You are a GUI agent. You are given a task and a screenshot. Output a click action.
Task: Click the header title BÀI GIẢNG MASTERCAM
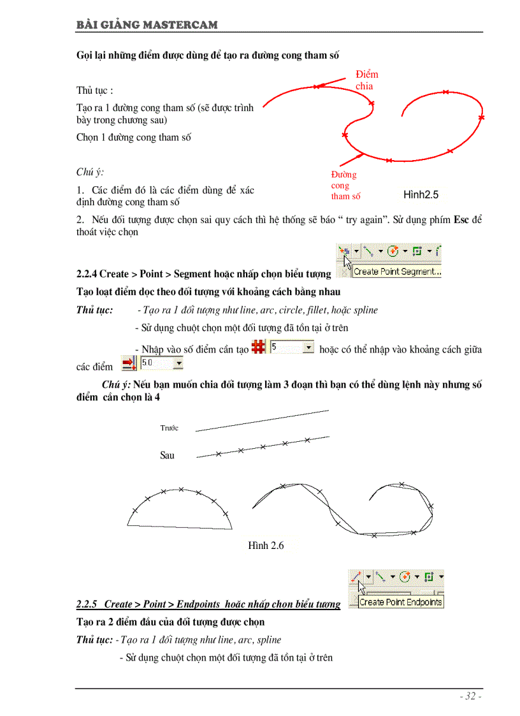tap(147, 25)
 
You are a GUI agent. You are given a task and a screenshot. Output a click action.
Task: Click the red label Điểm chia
tap(366, 80)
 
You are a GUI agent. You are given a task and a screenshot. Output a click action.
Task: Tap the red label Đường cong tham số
tap(345, 186)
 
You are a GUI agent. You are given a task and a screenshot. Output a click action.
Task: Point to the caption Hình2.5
tap(421, 195)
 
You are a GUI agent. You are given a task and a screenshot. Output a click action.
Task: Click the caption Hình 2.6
tap(266, 546)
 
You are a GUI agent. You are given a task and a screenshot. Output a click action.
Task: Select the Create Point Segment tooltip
tap(397, 272)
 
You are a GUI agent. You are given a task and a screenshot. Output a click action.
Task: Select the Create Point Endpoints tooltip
tap(401, 602)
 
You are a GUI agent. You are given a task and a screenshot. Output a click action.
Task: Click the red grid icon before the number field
tap(259, 347)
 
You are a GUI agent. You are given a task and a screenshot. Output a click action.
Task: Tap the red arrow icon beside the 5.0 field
tap(129, 363)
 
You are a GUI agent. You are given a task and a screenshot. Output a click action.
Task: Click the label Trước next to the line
tap(170, 428)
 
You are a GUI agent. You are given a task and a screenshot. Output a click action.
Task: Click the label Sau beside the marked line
tap(167, 455)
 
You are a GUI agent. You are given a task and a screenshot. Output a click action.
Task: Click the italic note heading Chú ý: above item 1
tap(90, 172)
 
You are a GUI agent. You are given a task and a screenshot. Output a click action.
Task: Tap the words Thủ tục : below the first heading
tap(94, 91)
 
